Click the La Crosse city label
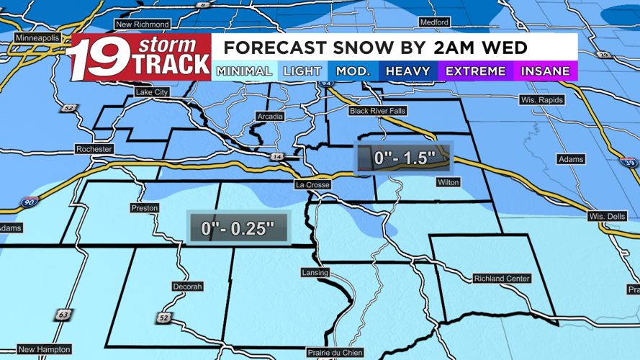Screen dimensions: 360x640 coord(313,185)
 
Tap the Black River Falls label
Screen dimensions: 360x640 coord(379,111)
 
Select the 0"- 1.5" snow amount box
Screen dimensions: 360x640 coord(405,158)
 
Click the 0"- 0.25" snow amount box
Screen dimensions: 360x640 coord(238,228)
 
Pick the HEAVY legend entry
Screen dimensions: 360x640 coord(407,71)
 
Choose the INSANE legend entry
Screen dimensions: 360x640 coord(545,71)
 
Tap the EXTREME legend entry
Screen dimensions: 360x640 coord(476,71)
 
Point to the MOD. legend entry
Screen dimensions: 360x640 coord(353,71)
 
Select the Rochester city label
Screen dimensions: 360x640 coord(94,149)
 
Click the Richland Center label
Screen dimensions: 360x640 coord(502,279)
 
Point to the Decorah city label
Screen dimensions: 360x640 coord(187,287)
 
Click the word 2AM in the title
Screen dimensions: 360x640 coord(442,48)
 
